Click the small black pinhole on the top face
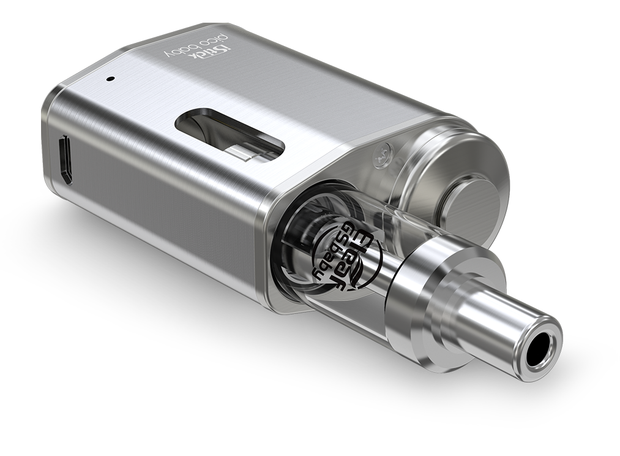coord(110,78)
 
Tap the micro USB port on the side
coord(65,161)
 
